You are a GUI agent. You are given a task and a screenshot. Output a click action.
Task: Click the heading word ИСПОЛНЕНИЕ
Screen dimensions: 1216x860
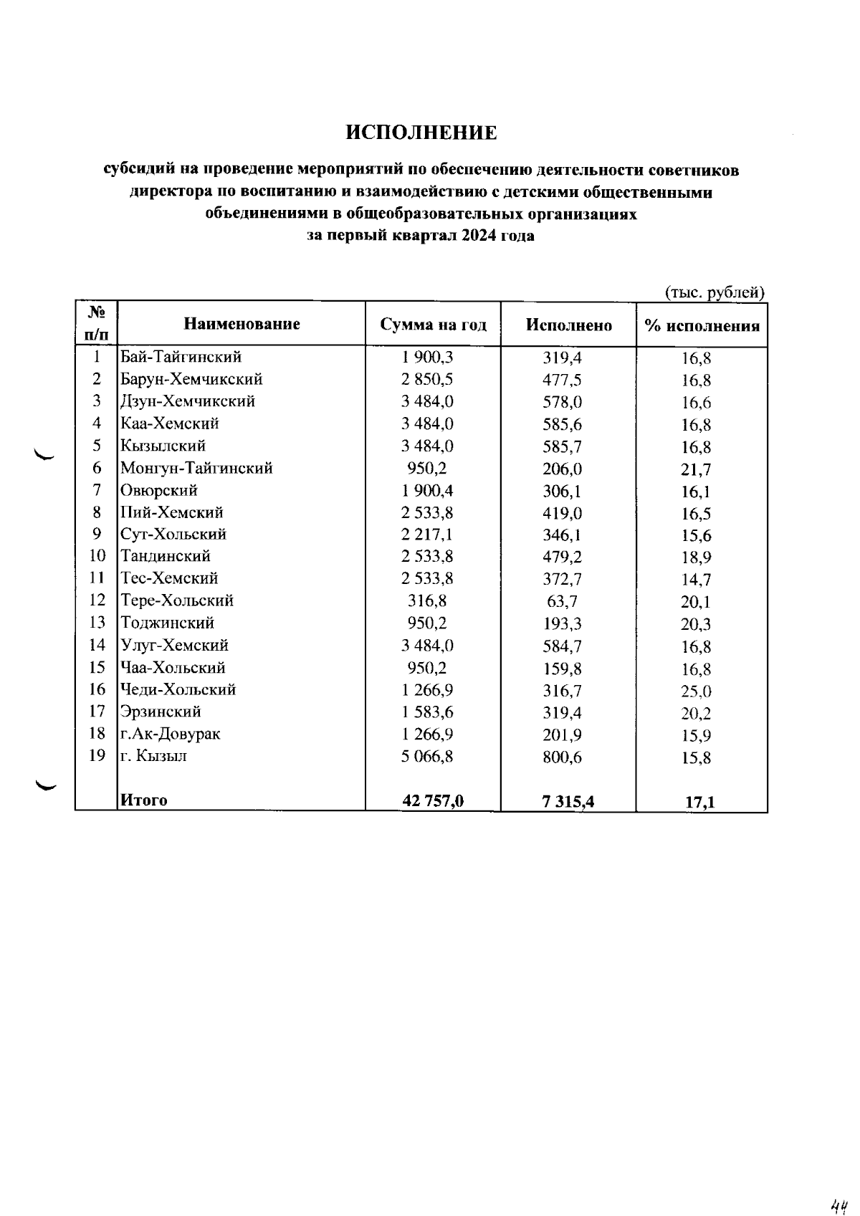(421, 133)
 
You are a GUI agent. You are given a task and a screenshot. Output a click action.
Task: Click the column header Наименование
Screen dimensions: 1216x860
(242, 324)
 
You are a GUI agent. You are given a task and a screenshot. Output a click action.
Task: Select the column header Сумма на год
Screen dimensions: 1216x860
(433, 325)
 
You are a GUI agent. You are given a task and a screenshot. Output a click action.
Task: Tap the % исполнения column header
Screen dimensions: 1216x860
(702, 327)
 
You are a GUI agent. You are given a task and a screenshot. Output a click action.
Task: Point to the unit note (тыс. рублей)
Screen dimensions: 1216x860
(715, 292)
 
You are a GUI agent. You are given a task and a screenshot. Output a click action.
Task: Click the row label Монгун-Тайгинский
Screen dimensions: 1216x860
(196, 469)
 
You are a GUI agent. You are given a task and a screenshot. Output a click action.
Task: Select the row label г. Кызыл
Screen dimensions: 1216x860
(154, 755)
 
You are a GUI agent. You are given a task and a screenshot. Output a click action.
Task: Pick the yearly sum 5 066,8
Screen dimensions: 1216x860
(427, 756)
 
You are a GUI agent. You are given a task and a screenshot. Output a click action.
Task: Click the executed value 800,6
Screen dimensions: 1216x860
(562, 757)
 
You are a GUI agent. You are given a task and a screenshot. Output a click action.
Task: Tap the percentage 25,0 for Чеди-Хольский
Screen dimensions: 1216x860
(696, 691)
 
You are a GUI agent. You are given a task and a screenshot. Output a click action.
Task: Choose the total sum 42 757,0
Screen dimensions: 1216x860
(433, 801)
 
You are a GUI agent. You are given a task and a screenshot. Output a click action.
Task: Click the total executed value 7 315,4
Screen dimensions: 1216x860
(568, 802)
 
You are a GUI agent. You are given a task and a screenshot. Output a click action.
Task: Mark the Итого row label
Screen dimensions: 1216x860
(144, 800)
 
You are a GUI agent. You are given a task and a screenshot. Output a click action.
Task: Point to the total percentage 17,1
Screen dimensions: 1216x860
(699, 803)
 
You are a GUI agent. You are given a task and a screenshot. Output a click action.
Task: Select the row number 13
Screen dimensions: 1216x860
(97, 623)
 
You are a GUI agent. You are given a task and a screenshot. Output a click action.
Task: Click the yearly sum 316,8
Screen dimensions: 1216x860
(427, 600)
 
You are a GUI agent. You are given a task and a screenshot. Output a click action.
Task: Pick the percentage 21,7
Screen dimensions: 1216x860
(696, 470)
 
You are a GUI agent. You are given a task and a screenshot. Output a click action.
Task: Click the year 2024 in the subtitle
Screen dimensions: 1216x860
(479, 236)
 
